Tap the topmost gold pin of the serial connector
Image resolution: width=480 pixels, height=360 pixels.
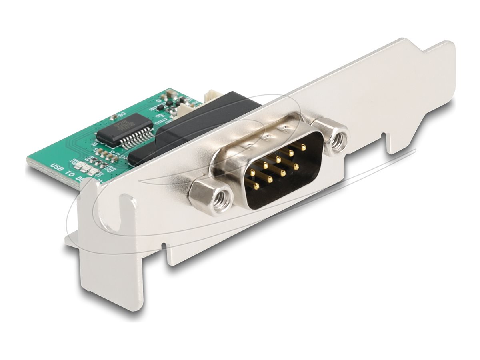(302, 147)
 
